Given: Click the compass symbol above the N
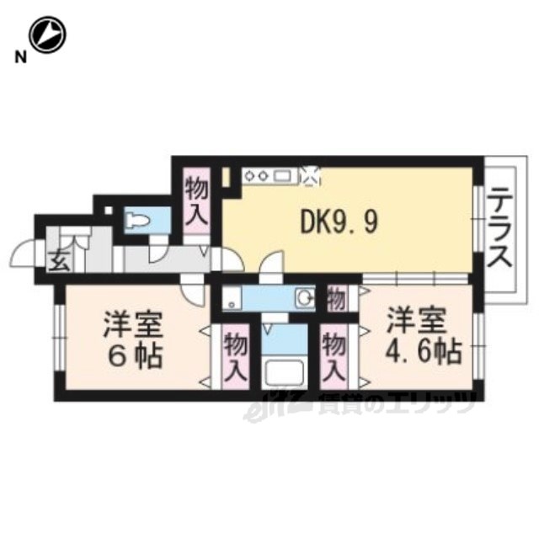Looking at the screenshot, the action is click(x=47, y=35).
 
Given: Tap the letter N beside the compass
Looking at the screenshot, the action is click(x=20, y=57).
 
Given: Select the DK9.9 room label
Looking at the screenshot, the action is click(x=339, y=221).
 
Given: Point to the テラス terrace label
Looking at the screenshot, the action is click(x=500, y=231).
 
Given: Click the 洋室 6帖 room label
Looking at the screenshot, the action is click(x=135, y=339).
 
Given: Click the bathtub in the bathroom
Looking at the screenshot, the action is click(x=283, y=374).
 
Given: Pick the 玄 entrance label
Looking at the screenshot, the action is click(x=60, y=260).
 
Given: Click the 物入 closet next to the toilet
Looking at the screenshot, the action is click(x=196, y=201).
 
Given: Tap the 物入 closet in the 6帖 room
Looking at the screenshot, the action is click(x=236, y=357).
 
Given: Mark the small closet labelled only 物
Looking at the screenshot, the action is click(x=336, y=299).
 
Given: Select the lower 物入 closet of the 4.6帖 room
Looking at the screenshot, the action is click(x=334, y=357).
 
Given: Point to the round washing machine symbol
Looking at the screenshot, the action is click(x=305, y=297).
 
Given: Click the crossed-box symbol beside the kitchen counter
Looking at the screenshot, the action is click(x=309, y=176).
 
